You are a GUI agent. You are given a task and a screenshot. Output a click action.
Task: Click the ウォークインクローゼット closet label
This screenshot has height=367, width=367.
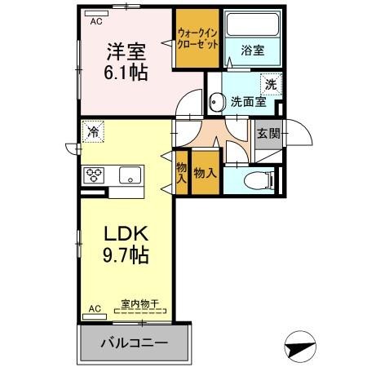point(197,39)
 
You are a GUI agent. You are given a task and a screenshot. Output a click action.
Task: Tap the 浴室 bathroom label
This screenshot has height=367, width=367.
point(251,49)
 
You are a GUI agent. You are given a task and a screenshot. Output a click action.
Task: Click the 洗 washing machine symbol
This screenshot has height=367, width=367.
point(269,83)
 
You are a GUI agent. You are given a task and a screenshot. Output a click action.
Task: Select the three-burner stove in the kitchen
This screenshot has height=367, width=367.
point(95,174)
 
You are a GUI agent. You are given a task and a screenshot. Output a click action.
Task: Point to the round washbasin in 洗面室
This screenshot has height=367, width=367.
point(217,101)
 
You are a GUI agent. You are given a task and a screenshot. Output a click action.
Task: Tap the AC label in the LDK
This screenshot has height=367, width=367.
point(95,308)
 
